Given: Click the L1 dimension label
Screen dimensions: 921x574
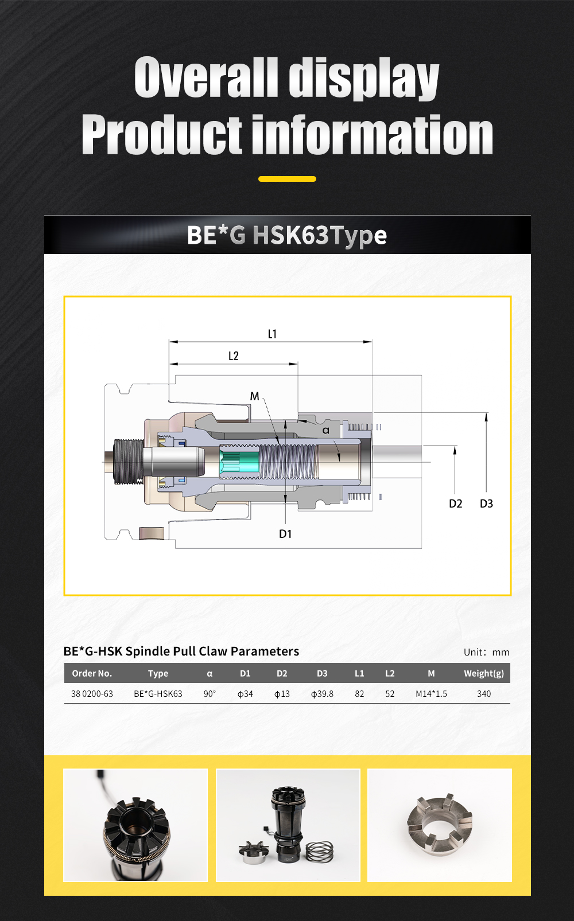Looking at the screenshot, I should pyautogui.click(x=272, y=334).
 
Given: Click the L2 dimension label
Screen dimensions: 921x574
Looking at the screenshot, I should pyautogui.click(x=233, y=356).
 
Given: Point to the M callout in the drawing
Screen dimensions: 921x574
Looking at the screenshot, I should pyautogui.click(x=254, y=396).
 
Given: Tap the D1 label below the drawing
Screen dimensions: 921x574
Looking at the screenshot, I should pyautogui.click(x=285, y=534).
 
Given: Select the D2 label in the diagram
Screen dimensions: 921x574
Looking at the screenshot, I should pyautogui.click(x=455, y=504).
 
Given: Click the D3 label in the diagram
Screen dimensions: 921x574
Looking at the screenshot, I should pyautogui.click(x=486, y=504).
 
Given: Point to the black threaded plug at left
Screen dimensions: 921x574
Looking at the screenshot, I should pyautogui.click(x=127, y=462).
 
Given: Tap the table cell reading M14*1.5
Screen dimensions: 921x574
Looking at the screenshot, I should pyautogui.click(x=431, y=694).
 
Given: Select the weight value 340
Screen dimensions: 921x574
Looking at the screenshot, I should pyautogui.click(x=484, y=694).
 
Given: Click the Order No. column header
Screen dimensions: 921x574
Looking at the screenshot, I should pyautogui.click(x=92, y=673).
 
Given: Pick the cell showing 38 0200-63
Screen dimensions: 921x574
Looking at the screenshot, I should pyautogui.click(x=92, y=694).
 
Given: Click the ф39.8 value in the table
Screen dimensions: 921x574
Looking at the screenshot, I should pyautogui.click(x=322, y=694).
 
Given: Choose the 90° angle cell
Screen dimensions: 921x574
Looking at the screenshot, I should pyautogui.click(x=210, y=694).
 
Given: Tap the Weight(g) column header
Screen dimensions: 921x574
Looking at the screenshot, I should pyautogui.click(x=484, y=673).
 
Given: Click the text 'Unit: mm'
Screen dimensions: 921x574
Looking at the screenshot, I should pyautogui.click(x=486, y=652).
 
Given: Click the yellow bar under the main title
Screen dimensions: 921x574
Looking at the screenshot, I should pyautogui.click(x=287, y=179).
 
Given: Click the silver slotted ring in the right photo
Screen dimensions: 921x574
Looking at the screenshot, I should pyautogui.click(x=440, y=825).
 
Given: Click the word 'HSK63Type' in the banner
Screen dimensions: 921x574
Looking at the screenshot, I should pyautogui.click(x=320, y=235).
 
